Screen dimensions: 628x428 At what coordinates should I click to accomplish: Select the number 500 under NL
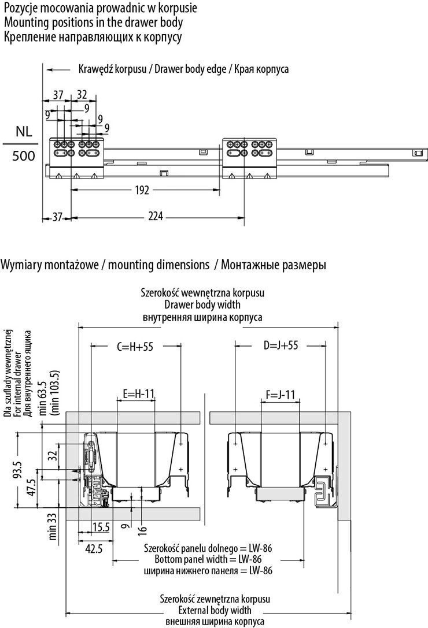tap(23, 156)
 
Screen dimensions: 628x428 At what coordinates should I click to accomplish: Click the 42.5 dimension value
tap(91, 548)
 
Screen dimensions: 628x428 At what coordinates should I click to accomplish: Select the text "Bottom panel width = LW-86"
tap(208, 559)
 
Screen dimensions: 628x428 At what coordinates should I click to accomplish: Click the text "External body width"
tap(208, 610)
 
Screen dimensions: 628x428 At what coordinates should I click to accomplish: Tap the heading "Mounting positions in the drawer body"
tap(93, 23)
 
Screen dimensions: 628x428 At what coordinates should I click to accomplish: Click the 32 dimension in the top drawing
tap(82, 95)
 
